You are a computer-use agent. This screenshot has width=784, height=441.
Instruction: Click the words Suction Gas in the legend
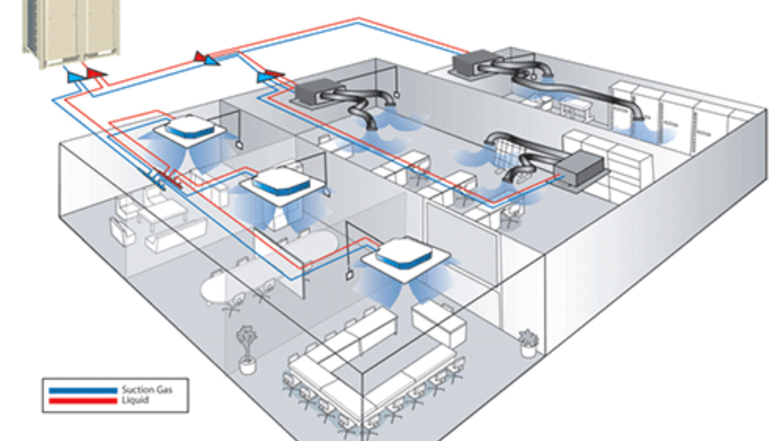[147, 390]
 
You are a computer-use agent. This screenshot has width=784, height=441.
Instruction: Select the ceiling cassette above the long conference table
[399, 255]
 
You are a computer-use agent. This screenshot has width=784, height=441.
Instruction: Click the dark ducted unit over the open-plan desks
[313, 95]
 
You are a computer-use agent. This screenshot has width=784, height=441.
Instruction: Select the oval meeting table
[222, 287]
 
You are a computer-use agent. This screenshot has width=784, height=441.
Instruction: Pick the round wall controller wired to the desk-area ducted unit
[394, 98]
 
